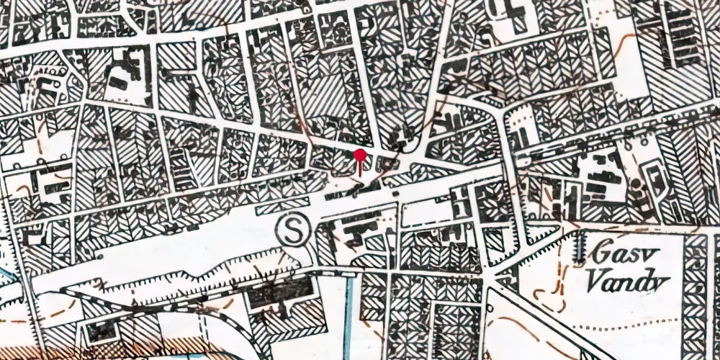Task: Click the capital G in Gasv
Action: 599,253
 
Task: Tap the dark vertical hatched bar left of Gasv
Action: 580,248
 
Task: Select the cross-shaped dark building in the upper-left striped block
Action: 193,94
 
